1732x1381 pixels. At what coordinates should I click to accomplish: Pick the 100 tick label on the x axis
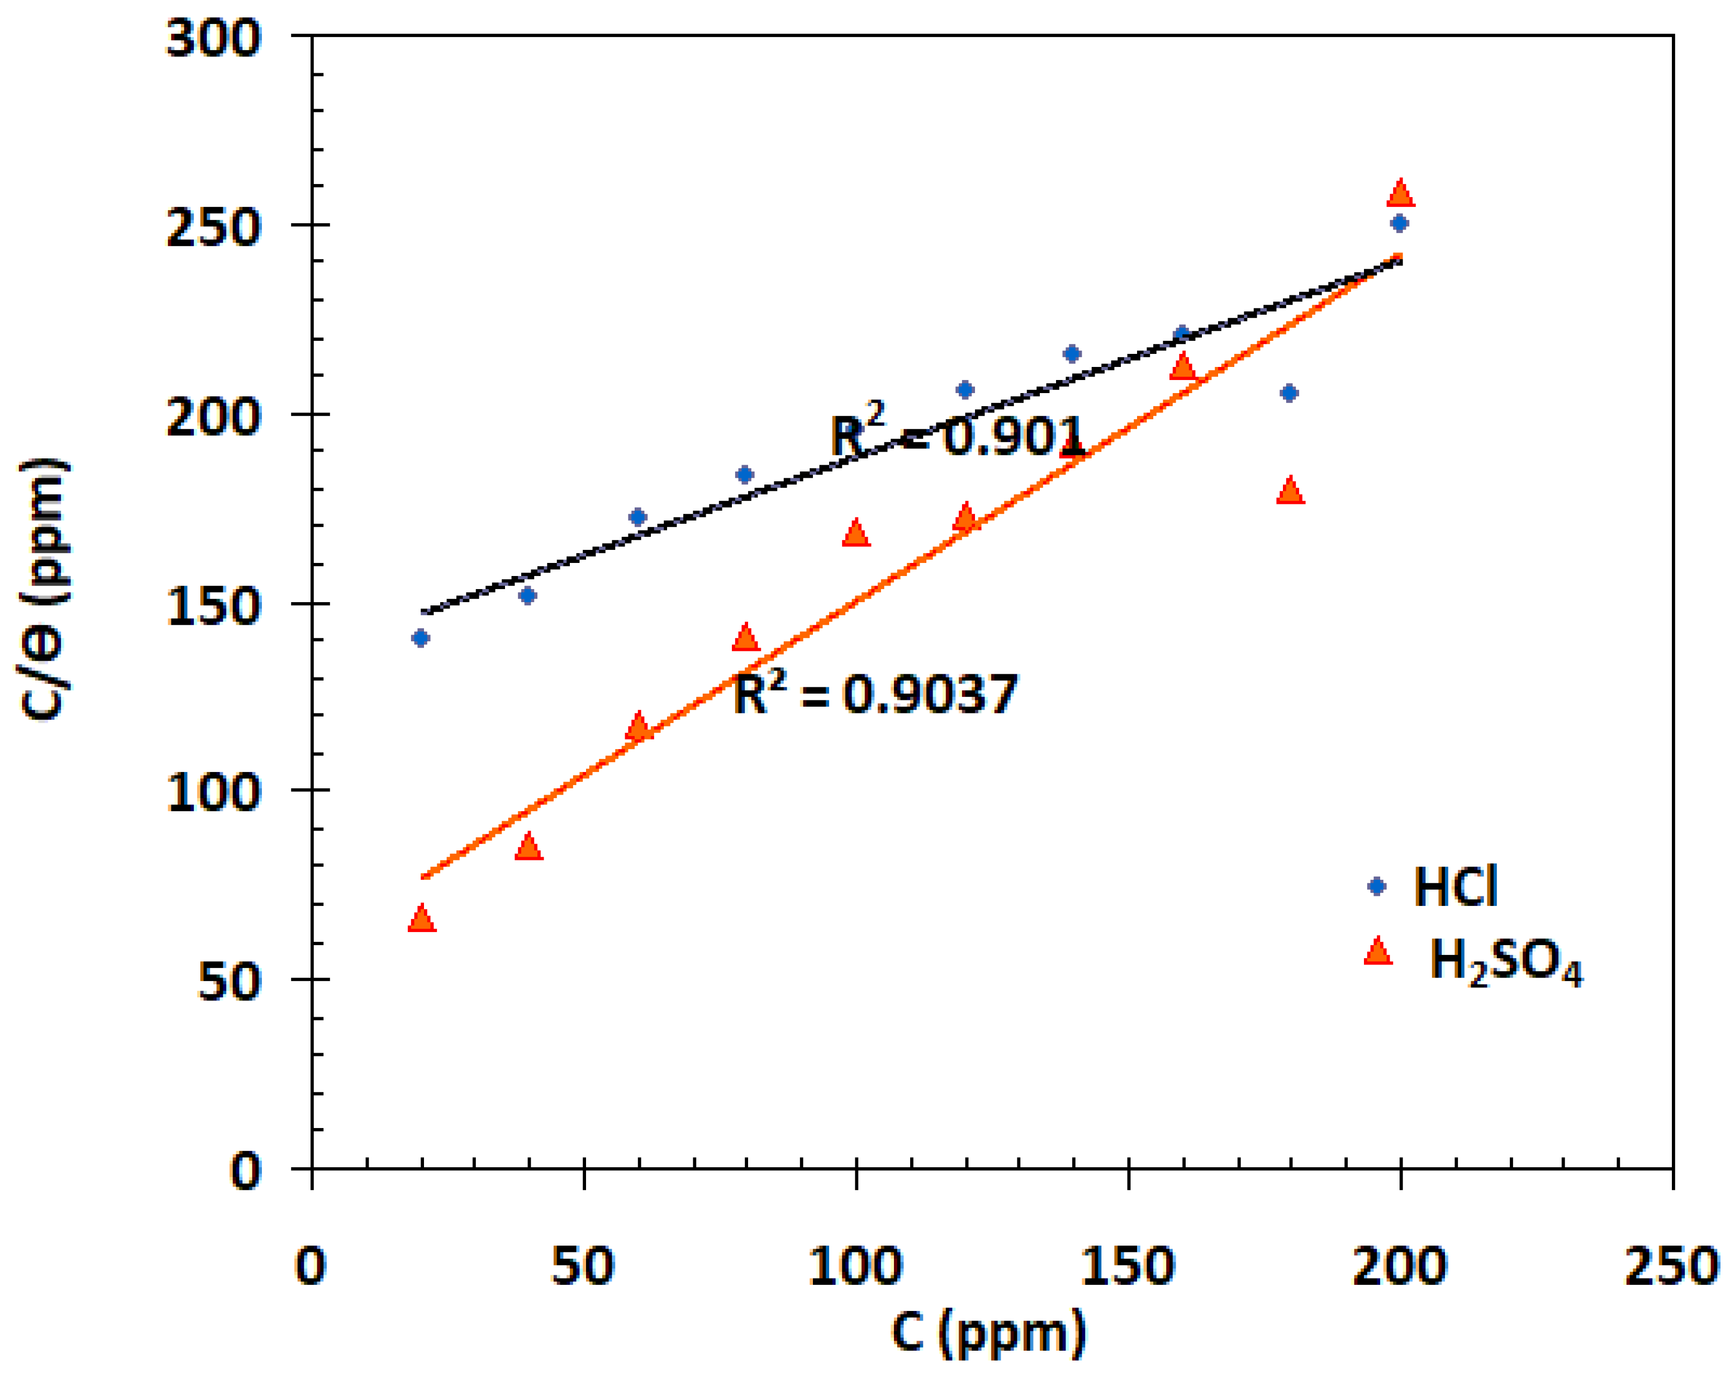[x=856, y=1267]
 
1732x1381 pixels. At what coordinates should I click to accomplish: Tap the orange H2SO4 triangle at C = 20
[x=421, y=919]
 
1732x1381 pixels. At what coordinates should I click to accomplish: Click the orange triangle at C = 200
[x=1400, y=193]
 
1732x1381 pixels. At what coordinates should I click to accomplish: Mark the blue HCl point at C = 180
[x=1289, y=393]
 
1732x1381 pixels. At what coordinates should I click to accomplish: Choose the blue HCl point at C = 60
[x=638, y=516]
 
